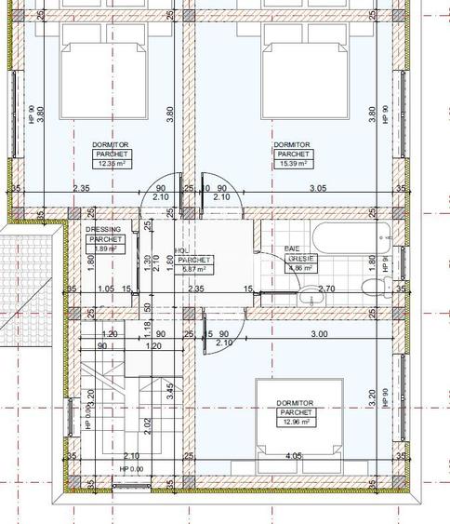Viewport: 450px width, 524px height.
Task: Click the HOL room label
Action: click(181, 250)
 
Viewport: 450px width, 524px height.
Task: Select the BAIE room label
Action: click(291, 249)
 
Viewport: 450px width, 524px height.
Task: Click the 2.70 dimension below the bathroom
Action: click(327, 289)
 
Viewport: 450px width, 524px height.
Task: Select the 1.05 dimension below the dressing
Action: click(104, 289)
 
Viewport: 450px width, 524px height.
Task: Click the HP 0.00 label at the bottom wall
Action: click(130, 468)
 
